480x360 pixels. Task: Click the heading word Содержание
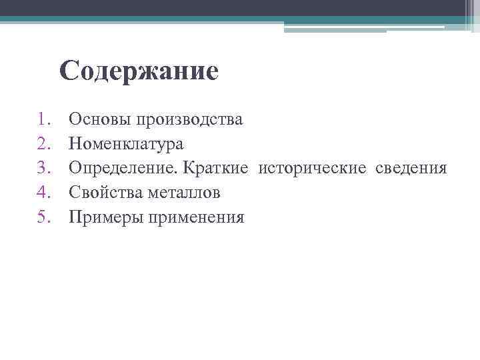[x=139, y=71]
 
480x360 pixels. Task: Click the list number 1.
[x=44, y=119]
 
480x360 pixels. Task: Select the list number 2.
[x=44, y=143]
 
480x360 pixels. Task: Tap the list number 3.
[x=44, y=168]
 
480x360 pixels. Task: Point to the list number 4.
[x=44, y=193]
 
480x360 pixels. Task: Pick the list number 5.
[x=44, y=217]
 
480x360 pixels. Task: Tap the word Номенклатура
[x=126, y=143]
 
